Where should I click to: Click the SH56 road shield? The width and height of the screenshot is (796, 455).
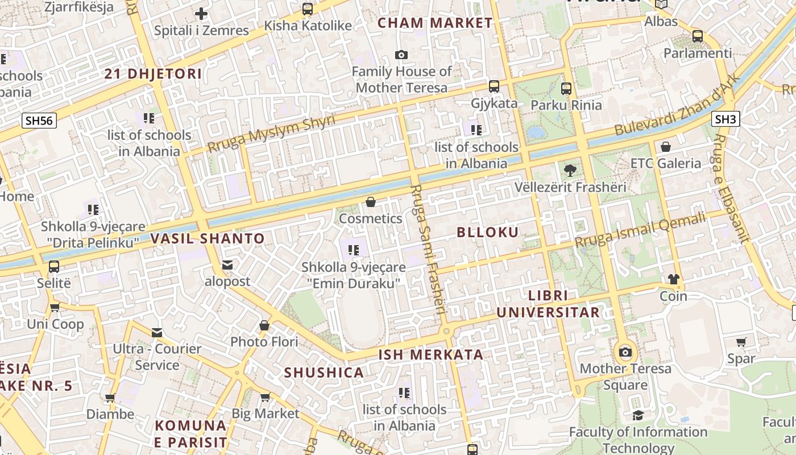tap(39, 120)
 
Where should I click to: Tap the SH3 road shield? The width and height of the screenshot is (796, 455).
tap(725, 119)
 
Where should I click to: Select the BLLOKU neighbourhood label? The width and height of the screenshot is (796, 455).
tap(488, 232)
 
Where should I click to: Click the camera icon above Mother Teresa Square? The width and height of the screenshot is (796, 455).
tap(625, 352)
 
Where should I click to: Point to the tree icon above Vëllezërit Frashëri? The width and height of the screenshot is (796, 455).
tap(570, 170)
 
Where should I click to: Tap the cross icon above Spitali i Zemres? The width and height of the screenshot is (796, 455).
tap(201, 14)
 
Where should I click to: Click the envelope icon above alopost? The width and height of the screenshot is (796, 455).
tap(227, 265)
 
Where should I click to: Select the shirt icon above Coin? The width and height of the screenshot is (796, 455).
tap(673, 279)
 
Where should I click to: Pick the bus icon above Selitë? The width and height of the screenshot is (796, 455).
tap(54, 266)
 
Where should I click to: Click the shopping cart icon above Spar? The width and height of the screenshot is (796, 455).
tap(741, 342)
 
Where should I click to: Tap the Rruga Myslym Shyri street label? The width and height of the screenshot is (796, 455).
tap(271, 133)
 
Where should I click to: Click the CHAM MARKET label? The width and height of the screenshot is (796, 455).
tap(435, 23)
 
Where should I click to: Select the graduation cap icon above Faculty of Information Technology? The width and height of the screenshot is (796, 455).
tap(638, 416)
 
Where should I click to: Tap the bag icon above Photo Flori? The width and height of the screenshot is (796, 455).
tap(264, 325)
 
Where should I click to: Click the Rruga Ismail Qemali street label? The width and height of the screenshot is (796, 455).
tap(640, 230)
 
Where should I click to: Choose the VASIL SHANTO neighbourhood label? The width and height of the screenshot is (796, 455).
tap(208, 238)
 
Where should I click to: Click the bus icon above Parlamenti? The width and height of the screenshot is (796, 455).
tap(698, 36)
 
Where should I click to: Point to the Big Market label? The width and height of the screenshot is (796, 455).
tap(265, 413)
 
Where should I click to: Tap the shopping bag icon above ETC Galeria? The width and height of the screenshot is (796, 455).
tap(665, 147)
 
